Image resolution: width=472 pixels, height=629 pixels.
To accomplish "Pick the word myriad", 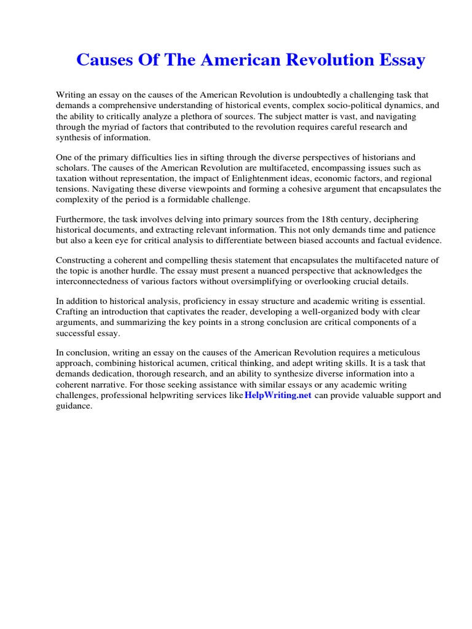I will click(117, 126).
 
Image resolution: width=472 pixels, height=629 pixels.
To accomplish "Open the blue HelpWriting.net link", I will click(278, 395).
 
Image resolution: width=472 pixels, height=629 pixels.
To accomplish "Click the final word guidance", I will click(74, 405).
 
